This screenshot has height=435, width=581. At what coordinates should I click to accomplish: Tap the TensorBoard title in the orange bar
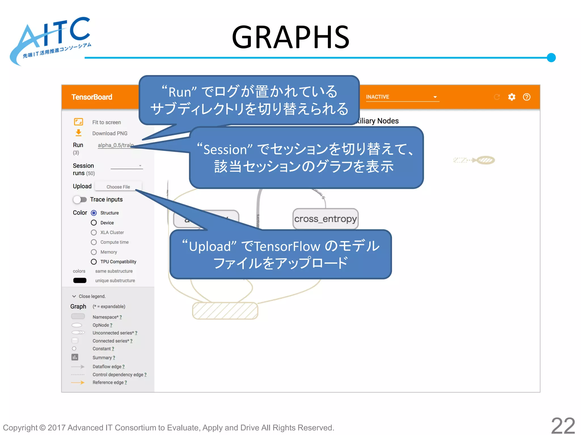coord(92,97)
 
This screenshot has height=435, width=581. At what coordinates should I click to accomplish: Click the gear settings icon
coord(511,97)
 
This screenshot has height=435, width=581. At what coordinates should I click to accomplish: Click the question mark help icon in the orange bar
coord(527,97)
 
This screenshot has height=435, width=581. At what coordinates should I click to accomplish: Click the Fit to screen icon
coord(79,122)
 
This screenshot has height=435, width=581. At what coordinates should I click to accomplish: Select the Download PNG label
coord(110,133)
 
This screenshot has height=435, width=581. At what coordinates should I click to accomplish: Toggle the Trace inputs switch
coord(80,200)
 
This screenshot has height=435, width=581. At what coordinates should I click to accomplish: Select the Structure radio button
coord(94,213)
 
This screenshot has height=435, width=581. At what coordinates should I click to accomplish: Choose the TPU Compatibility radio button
coord(94,262)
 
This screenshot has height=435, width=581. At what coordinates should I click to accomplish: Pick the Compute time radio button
coord(94,242)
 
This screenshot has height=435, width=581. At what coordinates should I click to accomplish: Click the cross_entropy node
coord(325,219)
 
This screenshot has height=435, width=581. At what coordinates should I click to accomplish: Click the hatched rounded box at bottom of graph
coord(225,311)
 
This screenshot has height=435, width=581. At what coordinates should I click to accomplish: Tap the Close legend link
coord(92,296)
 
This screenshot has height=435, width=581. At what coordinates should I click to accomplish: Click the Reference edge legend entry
coord(109,382)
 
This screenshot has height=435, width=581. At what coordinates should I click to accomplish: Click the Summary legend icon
coord(75,357)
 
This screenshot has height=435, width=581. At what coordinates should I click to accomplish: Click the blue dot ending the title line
coord(551,57)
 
